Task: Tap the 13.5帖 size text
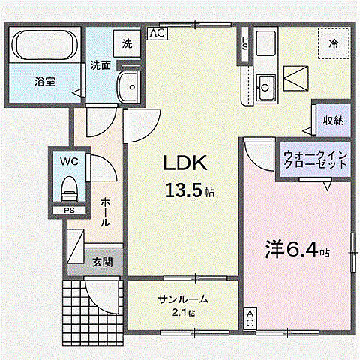(189, 191)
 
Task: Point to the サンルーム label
(183, 299)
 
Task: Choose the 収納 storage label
(333, 121)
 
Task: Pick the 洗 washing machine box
(127, 43)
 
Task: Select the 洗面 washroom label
(101, 65)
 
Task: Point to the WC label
(68, 160)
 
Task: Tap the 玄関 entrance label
(103, 262)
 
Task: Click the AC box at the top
(157, 33)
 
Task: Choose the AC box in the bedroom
(250, 317)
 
